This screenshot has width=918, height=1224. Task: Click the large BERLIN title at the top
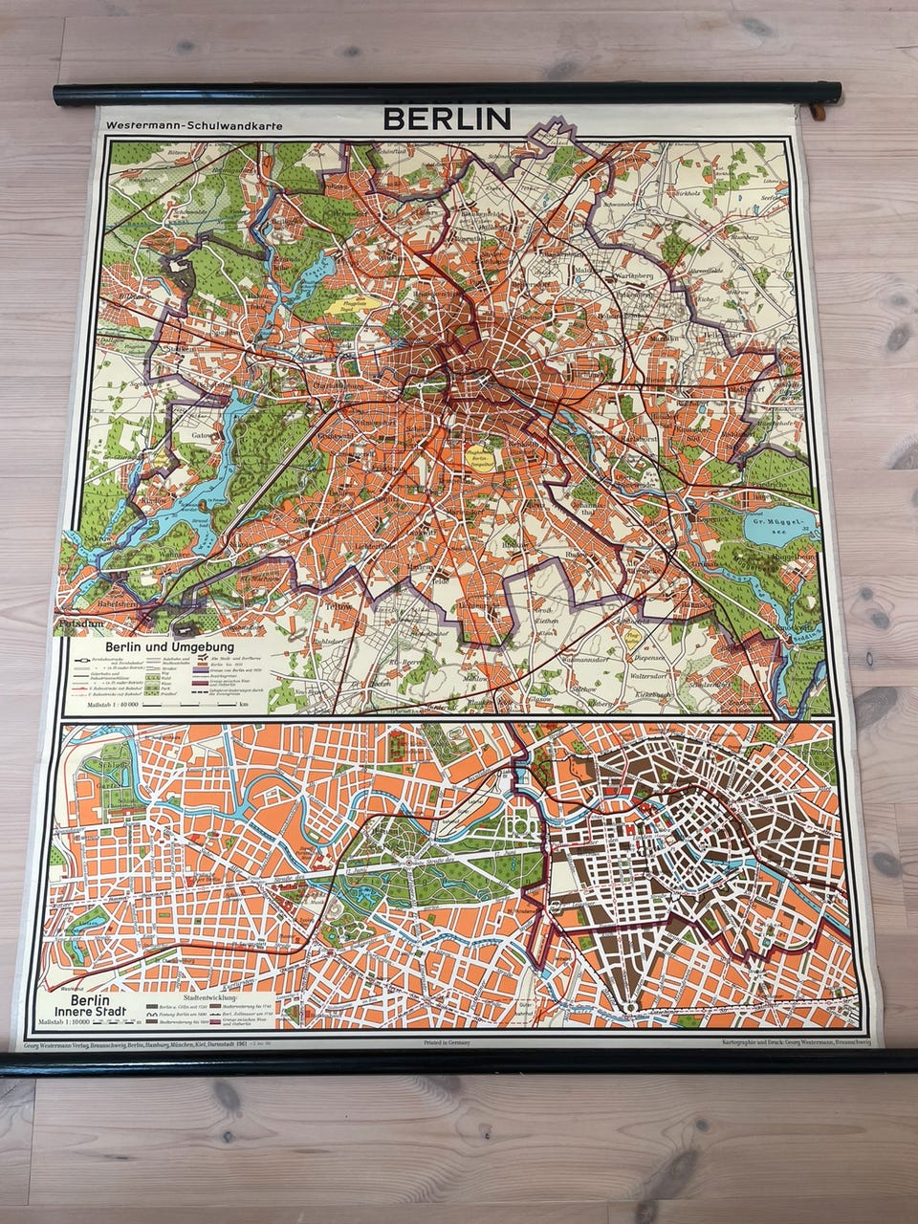pos(447,119)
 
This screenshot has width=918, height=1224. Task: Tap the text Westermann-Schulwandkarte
pos(195,125)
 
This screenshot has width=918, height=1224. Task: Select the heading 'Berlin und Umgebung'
pos(171,646)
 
